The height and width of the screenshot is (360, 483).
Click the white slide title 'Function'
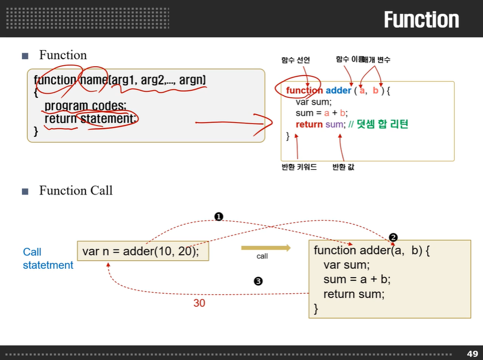click(421, 20)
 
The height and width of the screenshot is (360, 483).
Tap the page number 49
click(472, 354)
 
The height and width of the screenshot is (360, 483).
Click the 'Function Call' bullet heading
click(76, 191)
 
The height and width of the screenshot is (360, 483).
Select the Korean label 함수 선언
click(295, 60)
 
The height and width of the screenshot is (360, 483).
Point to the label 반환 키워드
click(299, 167)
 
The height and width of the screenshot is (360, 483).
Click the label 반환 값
click(343, 167)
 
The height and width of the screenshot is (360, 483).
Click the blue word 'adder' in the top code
click(338, 90)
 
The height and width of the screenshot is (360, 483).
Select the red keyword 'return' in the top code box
click(309, 124)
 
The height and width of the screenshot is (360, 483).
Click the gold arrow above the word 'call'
click(266, 248)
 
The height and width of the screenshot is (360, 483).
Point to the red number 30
click(199, 303)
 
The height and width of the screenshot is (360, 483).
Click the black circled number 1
click(219, 216)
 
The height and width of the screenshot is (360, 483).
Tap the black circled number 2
click(393, 237)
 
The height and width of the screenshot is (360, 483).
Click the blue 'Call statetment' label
click(48, 259)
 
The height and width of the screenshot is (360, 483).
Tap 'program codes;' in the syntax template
click(85, 105)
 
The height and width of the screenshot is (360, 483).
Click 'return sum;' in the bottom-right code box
click(354, 294)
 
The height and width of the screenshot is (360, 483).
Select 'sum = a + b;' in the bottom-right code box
click(357, 279)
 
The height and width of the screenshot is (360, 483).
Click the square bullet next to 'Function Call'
click(25, 191)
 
